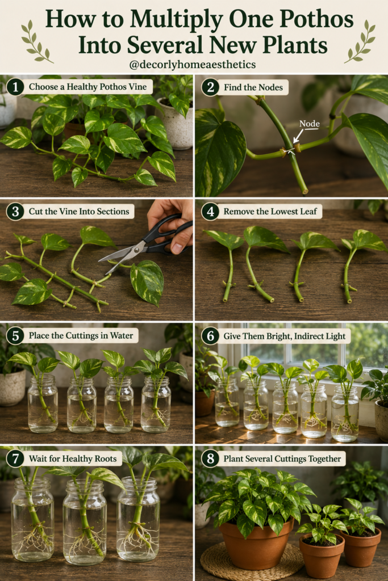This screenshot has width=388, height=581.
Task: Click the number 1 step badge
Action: (15, 87)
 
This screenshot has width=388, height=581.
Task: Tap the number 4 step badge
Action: (210, 212)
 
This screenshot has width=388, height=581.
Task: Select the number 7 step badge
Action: (15, 458)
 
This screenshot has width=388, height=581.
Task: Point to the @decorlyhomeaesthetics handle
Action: (193, 65)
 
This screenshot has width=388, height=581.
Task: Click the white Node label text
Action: (310, 123)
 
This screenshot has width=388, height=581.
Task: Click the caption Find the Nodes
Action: (253, 87)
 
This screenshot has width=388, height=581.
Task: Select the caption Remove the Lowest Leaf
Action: (270, 212)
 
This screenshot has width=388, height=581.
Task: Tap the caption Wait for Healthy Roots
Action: (73, 458)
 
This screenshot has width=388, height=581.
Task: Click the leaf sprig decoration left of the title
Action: (36, 41)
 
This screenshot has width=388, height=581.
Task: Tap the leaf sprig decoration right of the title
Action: (360, 41)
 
